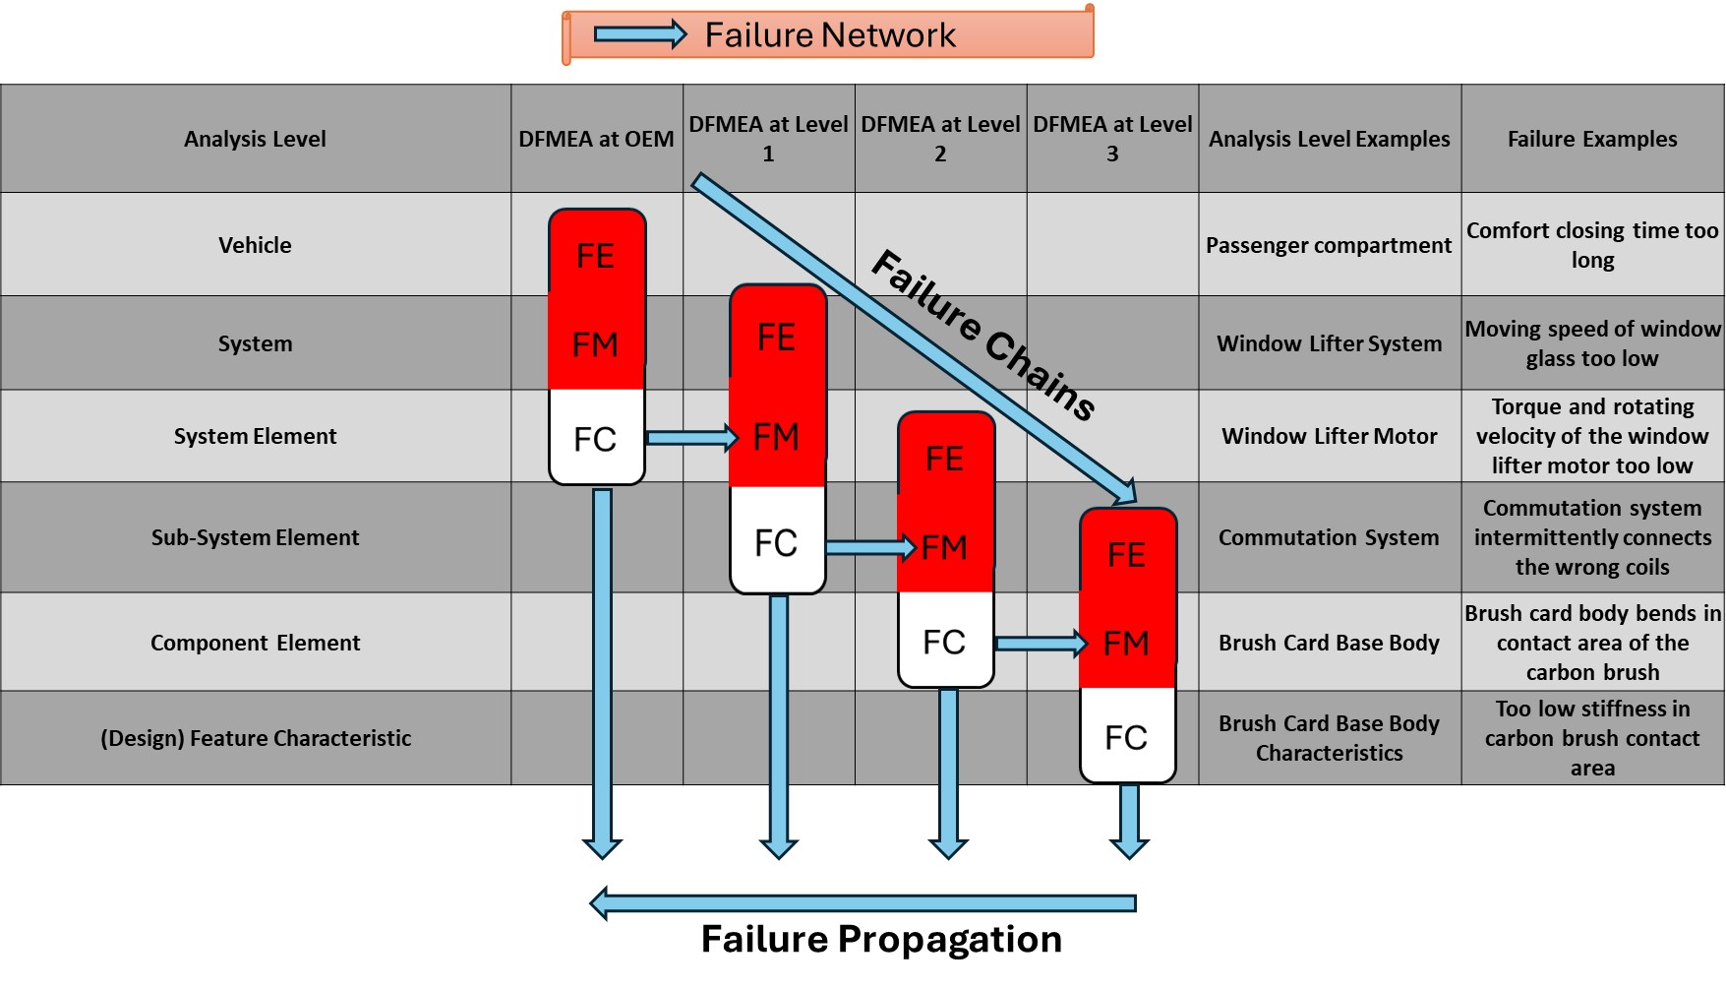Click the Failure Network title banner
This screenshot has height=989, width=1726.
click(x=828, y=35)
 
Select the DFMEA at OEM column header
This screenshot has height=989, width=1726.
click(x=596, y=139)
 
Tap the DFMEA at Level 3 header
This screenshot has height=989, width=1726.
click(x=1112, y=139)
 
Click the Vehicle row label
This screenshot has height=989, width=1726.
click(x=255, y=245)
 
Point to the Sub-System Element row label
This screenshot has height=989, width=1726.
click(x=255, y=537)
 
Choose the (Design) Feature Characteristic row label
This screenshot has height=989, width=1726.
click(x=255, y=738)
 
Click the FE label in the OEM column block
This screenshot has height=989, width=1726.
click(x=595, y=256)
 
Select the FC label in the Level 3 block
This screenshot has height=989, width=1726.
click(x=1126, y=738)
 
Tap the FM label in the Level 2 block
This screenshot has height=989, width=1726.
click(x=944, y=547)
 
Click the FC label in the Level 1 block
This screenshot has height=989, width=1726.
click(x=776, y=543)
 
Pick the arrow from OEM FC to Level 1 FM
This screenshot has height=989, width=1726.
click(x=690, y=438)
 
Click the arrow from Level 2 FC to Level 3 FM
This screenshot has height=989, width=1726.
click(x=1040, y=644)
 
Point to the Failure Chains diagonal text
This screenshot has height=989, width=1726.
click(x=983, y=335)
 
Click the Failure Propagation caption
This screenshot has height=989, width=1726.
click(x=881, y=940)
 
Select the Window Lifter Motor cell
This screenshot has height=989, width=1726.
click(x=1329, y=436)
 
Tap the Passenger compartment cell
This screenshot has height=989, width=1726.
click(x=1329, y=245)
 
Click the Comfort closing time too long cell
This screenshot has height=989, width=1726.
click(x=1592, y=245)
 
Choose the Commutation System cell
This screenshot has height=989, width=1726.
click(x=1329, y=537)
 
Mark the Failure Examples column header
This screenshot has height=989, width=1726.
click(x=1592, y=139)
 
